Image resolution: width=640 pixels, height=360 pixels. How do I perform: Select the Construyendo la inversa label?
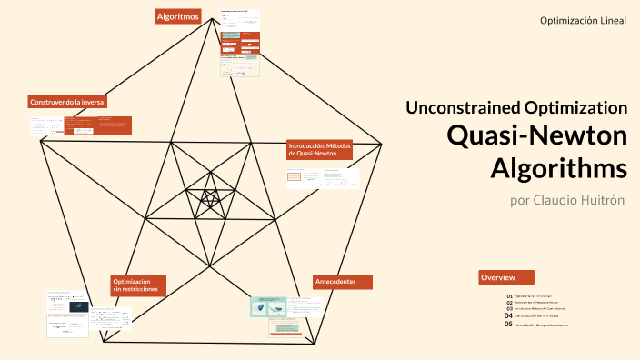point(68,102)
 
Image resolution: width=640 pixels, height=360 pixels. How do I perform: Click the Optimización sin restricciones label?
point(138,285)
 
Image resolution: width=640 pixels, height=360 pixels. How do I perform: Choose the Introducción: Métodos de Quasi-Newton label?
point(318,149)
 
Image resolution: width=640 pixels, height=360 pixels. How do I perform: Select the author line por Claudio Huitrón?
point(568,200)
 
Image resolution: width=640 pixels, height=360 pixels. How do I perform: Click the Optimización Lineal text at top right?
point(583,21)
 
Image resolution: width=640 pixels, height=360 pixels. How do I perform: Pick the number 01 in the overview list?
point(510,296)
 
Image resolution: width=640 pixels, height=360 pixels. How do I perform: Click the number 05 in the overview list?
point(509,325)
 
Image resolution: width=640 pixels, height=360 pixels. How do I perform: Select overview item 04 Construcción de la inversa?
point(542,315)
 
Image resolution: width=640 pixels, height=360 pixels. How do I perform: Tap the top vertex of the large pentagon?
point(215,21)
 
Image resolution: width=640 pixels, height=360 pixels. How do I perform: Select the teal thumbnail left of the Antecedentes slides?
point(268,306)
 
